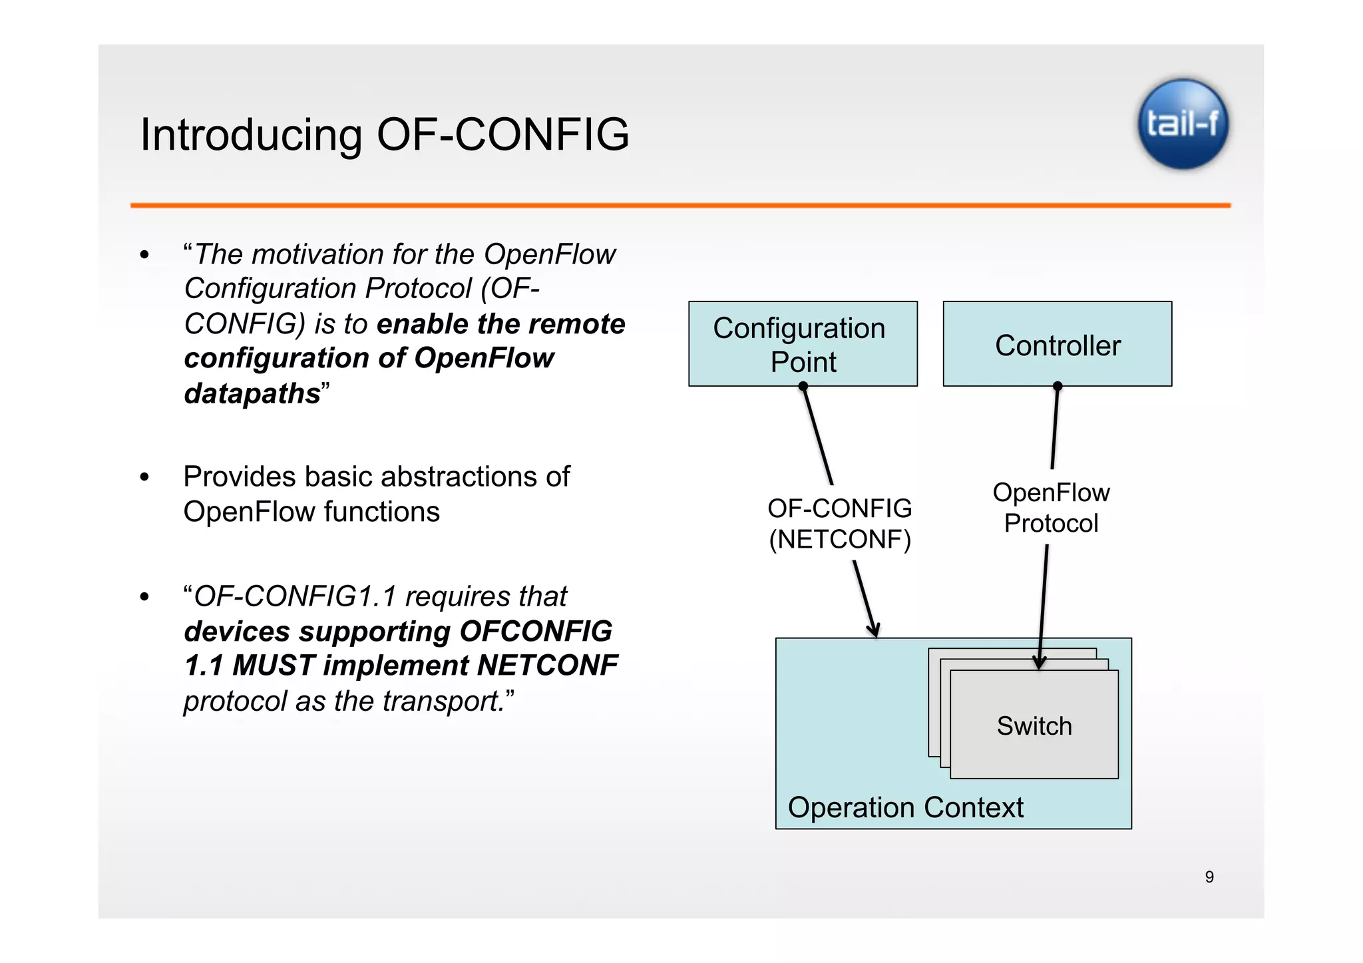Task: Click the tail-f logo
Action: click(1183, 124)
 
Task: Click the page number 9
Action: click(1209, 877)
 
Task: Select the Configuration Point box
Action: click(802, 343)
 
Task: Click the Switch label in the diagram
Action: click(1034, 726)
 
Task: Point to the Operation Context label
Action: click(905, 807)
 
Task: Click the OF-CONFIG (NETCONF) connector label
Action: click(839, 524)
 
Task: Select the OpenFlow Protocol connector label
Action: click(1051, 508)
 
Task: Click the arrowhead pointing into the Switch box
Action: click(1039, 663)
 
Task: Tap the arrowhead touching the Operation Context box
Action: click(875, 630)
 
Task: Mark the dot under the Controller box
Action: click(1058, 386)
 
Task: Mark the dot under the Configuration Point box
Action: click(803, 386)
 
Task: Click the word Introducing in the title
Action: click(251, 135)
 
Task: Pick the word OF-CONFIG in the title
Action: click(502, 135)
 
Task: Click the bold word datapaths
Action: click(252, 393)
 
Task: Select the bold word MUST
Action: click(274, 666)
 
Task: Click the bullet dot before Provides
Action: click(144, 477)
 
